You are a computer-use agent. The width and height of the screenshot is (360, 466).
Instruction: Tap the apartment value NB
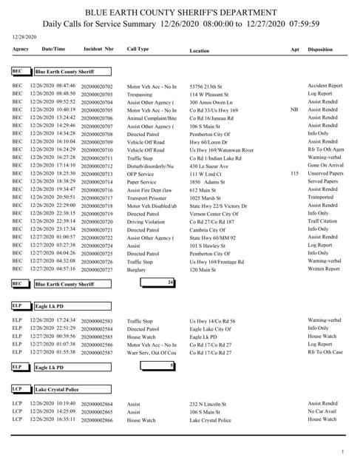point(294,109)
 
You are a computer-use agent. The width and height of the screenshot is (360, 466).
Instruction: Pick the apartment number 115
point(294,173)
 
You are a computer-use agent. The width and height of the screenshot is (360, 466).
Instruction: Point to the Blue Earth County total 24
point(170,283)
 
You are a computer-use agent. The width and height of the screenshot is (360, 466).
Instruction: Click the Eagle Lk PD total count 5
point(171,365)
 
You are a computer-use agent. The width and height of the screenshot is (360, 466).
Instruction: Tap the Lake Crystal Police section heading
point(60,388)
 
